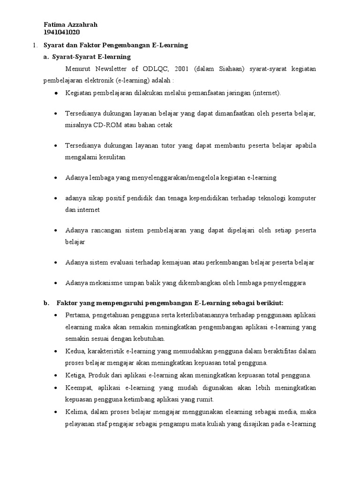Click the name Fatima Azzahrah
click(x=70, y=25)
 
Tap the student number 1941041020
click(x=61, y=32)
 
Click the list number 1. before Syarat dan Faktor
click(x=34, y=45)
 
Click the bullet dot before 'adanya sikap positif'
click(x=56, y=199)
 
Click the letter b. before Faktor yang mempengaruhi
click(x=46, y=303)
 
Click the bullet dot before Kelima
click(x=56, y=412)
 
